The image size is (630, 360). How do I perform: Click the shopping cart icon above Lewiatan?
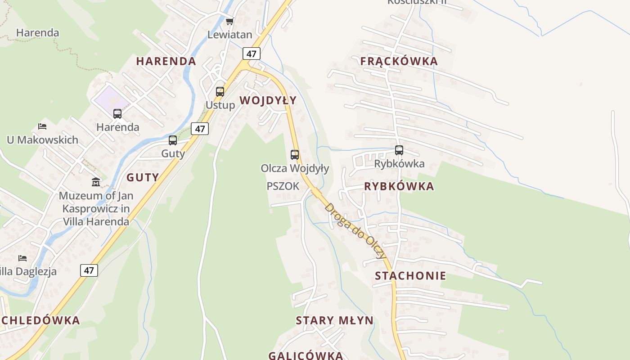pos(230,21)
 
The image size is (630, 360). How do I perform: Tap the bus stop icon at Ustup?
pos(220,92)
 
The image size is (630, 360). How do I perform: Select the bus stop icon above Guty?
pos(173,140)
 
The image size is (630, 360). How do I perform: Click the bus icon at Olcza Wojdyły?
pos(295,155)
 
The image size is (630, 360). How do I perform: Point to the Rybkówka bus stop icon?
pos(399,150)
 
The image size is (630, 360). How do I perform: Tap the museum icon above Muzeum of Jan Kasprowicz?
pos(96,182)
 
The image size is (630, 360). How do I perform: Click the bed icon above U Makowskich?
pos(42,126)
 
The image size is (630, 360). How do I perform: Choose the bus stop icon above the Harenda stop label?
pos(117,114)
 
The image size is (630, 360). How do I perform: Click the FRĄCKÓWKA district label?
pos(399,61)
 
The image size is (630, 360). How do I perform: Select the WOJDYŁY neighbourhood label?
pos(268,100)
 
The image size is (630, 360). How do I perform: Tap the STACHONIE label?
pos(410,276)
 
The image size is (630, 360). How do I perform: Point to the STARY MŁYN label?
pos(334,320)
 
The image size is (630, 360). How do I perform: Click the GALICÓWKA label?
pos(306,355)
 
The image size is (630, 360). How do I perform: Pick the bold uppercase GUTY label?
pos(143,177)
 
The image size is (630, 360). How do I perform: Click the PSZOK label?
pos(283,186)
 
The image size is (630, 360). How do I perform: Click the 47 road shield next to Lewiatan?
pos(251,54)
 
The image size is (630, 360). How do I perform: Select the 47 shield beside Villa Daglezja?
pos(89,270)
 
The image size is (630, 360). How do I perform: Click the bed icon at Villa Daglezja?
pos(22,258)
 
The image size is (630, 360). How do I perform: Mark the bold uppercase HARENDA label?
pos(166,61)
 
